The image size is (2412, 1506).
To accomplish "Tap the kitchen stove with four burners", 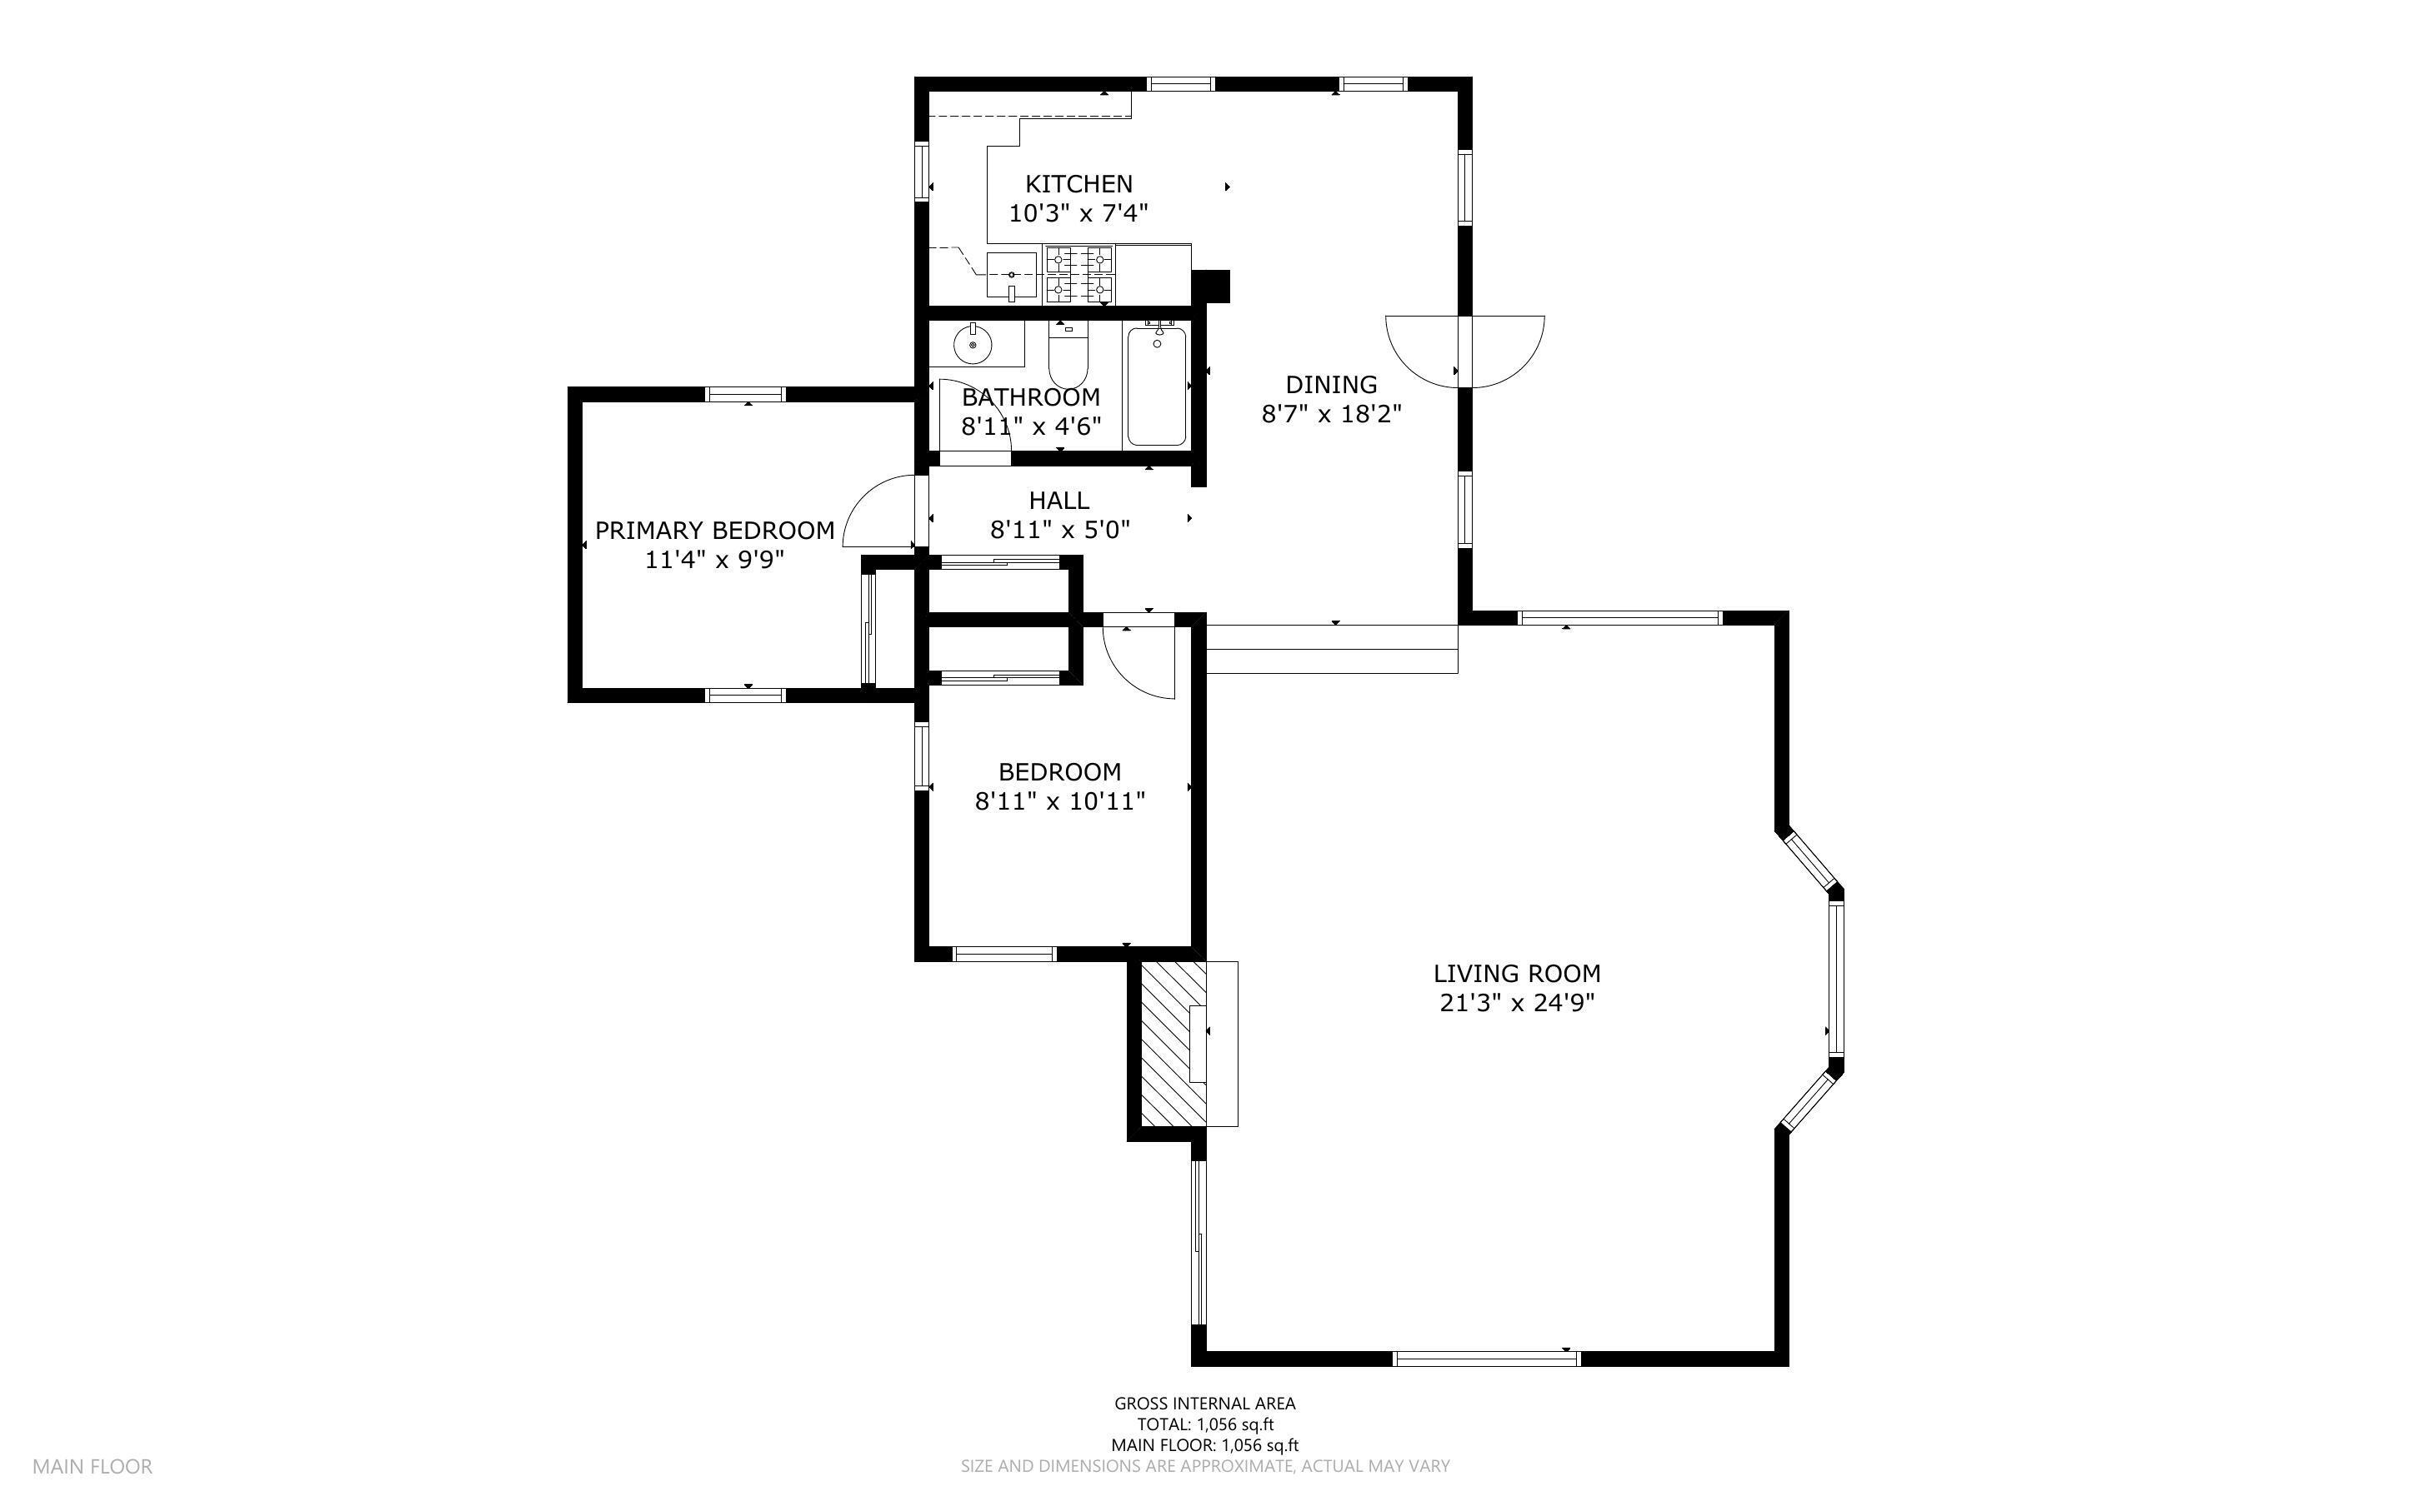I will pyautogui.click(x=1079, y=274).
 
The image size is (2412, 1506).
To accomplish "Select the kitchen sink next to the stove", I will pyautogui.click(x=1011, y=275).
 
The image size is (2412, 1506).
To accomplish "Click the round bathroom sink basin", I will pyautogui.click(x=973, y=345).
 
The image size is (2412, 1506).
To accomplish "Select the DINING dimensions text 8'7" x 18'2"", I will pyautogui.click(x=1331, y=413).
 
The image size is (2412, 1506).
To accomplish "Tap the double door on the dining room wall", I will pyautogui.click(x=1464, y=351).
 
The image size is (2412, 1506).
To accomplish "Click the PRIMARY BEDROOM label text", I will pyautogui.click(x=714, y=530).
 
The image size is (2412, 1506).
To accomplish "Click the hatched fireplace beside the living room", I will pyautogui.click(x=1168, y=1043).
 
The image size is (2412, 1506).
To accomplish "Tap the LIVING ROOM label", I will pyautogui.click(x=1516, y=973).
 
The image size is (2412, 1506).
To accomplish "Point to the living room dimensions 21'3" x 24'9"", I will pyautogui.click(x=1516, y=1002).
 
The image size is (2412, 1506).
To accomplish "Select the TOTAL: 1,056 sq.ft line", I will pyautogui.click(x=1204, y=1424).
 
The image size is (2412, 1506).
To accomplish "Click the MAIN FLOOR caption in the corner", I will pyautogui.click(x=92, y=1466).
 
